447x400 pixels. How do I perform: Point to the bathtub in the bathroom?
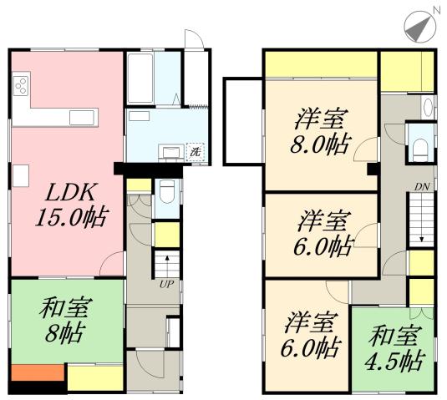pyautogui.click(x=139, y=80)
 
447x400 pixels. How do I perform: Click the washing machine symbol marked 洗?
pyautogui.click(x=195, y=151)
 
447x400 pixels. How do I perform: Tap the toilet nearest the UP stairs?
pyautogui.click(x=166, y=191)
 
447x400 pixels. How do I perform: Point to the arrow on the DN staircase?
pyautogui.click(x=421, y=225)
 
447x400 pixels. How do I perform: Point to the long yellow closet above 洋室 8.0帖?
pyautogui.click(x=320, y=63)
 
